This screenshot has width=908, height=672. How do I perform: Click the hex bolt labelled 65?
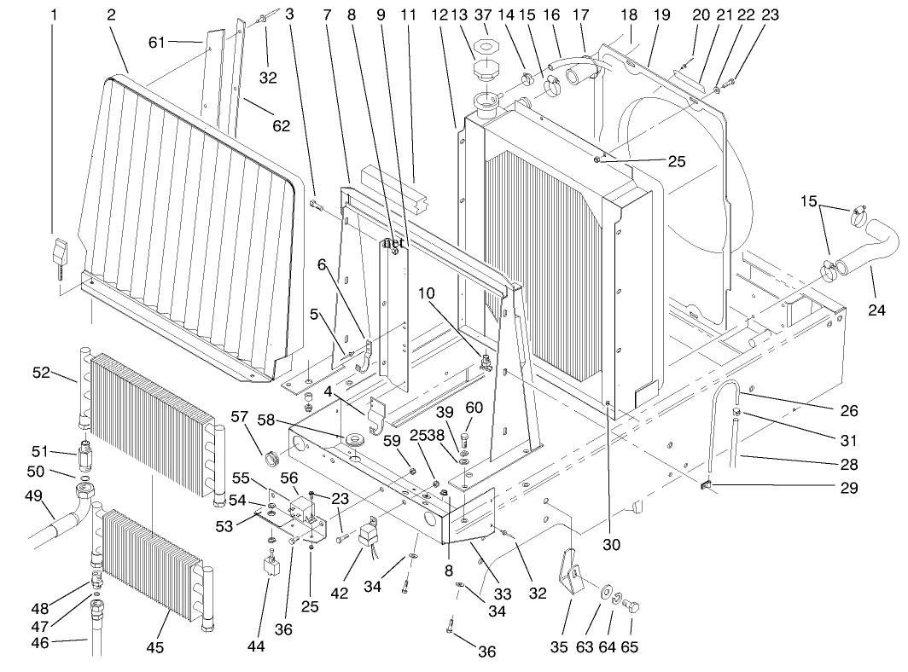(632, 609)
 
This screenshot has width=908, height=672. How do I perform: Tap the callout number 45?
(154, 648)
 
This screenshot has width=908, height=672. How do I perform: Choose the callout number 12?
(439, 14)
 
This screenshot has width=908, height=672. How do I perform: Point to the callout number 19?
(661, 14)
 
